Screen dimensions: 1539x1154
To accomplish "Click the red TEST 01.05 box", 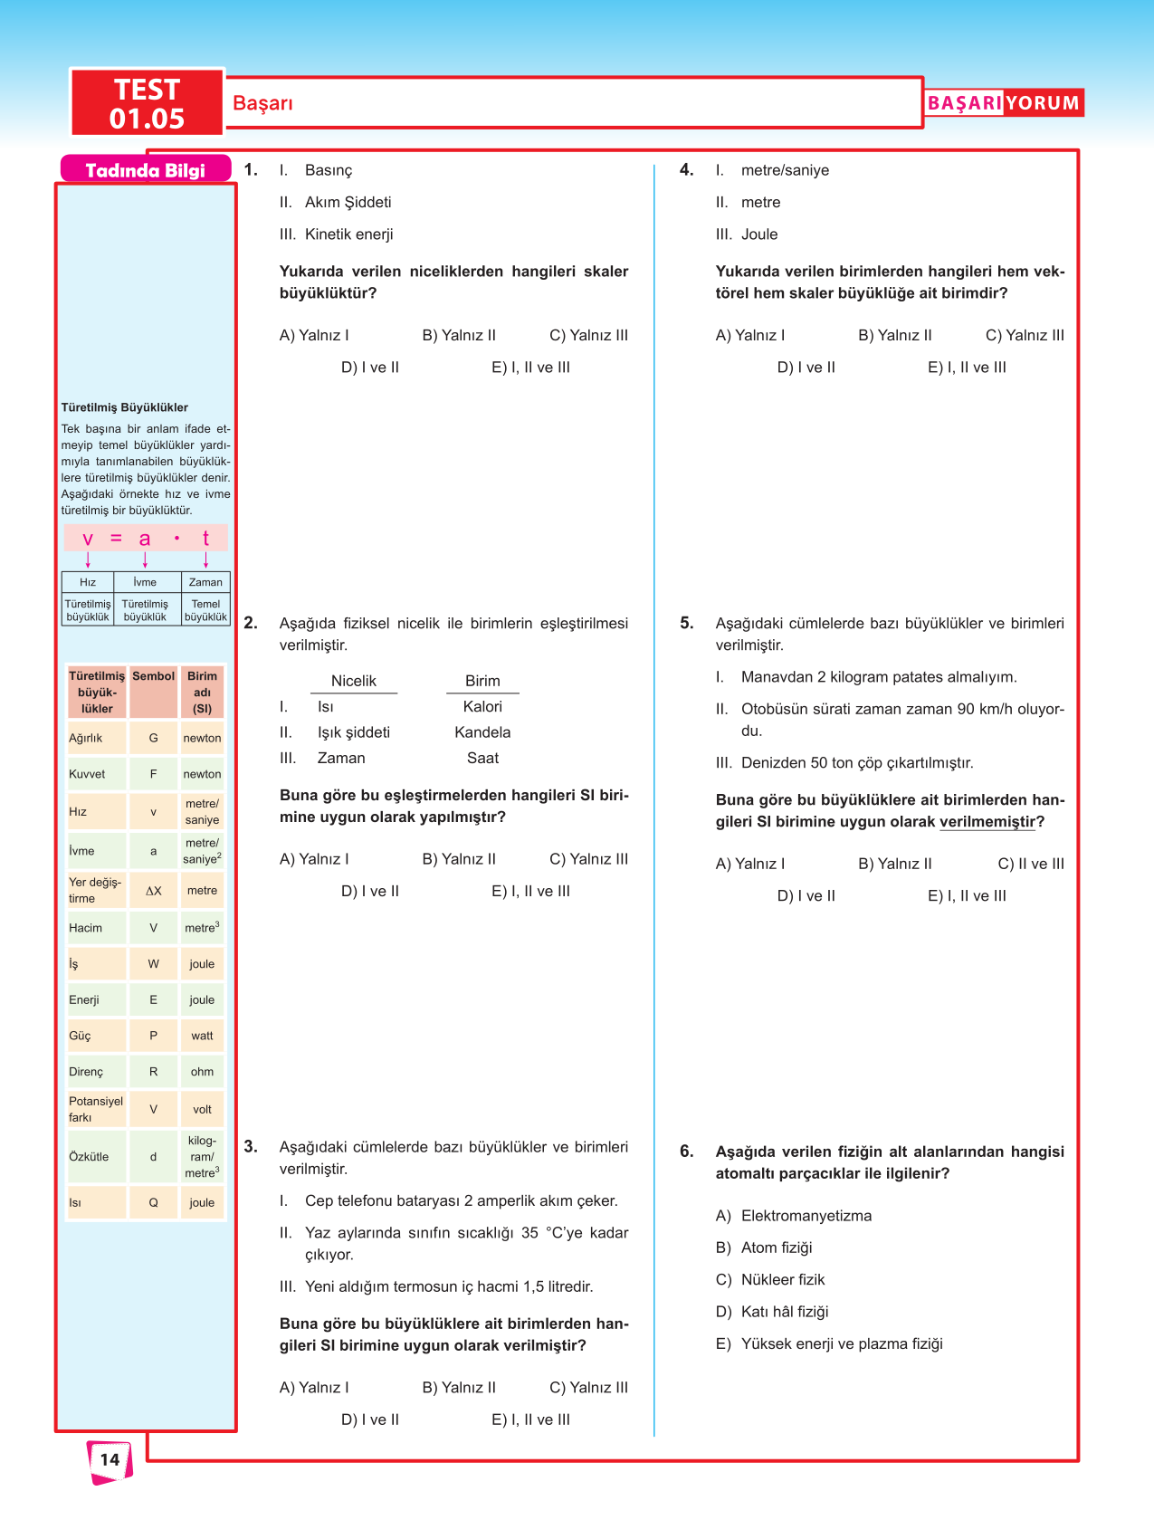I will pyautogui.click(x=147, y=103).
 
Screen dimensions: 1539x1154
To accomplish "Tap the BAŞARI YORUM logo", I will pyautogui.click(x=1003, y=103).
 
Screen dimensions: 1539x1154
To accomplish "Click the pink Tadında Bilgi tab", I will pyautogui.click(x=145, y=170).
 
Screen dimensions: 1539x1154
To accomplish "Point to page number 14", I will pyautogui.click(x=110, y=1459).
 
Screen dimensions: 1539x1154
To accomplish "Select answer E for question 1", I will pyautogui.click(x=530, y=368).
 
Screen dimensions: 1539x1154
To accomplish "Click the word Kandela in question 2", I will pyautogui.click(x=482, y=732).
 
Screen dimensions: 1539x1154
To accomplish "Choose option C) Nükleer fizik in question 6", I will pyautogui.click(x=770, y=1280).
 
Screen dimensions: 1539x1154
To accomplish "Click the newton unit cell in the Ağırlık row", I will pyautogui.click(x=202, y=738).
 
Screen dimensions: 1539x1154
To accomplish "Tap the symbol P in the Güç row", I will pyautogui.click(x=153, y=1036).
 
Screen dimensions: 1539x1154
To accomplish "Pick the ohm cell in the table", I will pyautogui.click(x=202, y=1072).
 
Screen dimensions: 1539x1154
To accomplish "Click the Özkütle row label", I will pyautogui.click(x=89, y=1157).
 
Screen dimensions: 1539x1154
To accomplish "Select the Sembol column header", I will pyautogui.click(x=153, y=676).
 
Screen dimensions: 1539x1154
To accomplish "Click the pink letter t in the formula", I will pyautogui.click(x=205, y=539).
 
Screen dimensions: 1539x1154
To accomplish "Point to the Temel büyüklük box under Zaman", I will pyautogui.click(x=205, y=610).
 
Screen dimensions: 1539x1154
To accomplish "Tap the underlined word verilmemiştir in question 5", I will pyautogui.click(x=987, y=822).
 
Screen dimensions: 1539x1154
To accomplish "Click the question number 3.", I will pyautogui.click(x=251, y=1147).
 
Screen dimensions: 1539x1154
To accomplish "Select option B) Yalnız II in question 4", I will pyautogui.click(x=894, y=335).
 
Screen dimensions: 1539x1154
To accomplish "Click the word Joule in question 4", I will pyautogui.click(x=759, y=234).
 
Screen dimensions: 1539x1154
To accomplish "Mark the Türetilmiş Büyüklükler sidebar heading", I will pyautogui.click(x=125, y=407).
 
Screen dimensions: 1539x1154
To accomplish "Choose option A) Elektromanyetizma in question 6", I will pyautogui.click(x=794, y=1216).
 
